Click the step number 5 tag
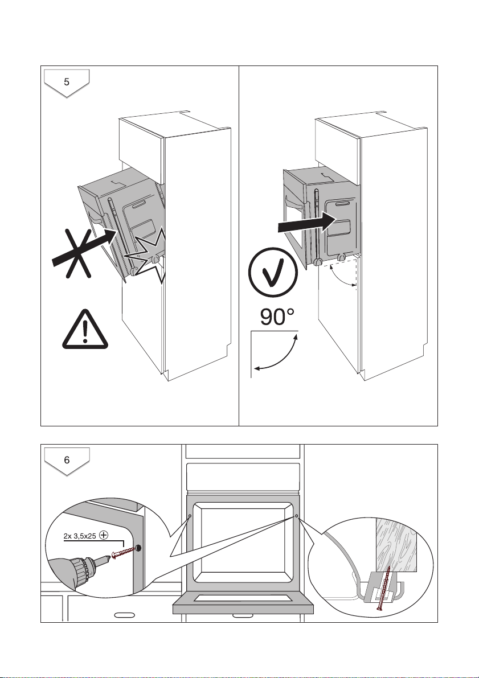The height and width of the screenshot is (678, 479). [67, 82]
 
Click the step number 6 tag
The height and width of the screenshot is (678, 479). [67, 461]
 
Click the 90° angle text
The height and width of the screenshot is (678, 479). [278, 318]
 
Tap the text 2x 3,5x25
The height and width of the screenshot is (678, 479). [79, 535]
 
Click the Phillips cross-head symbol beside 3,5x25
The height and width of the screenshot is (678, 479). [104, 535]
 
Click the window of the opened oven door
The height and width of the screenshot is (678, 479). [243, 597]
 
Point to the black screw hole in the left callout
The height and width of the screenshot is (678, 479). [139, 548]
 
